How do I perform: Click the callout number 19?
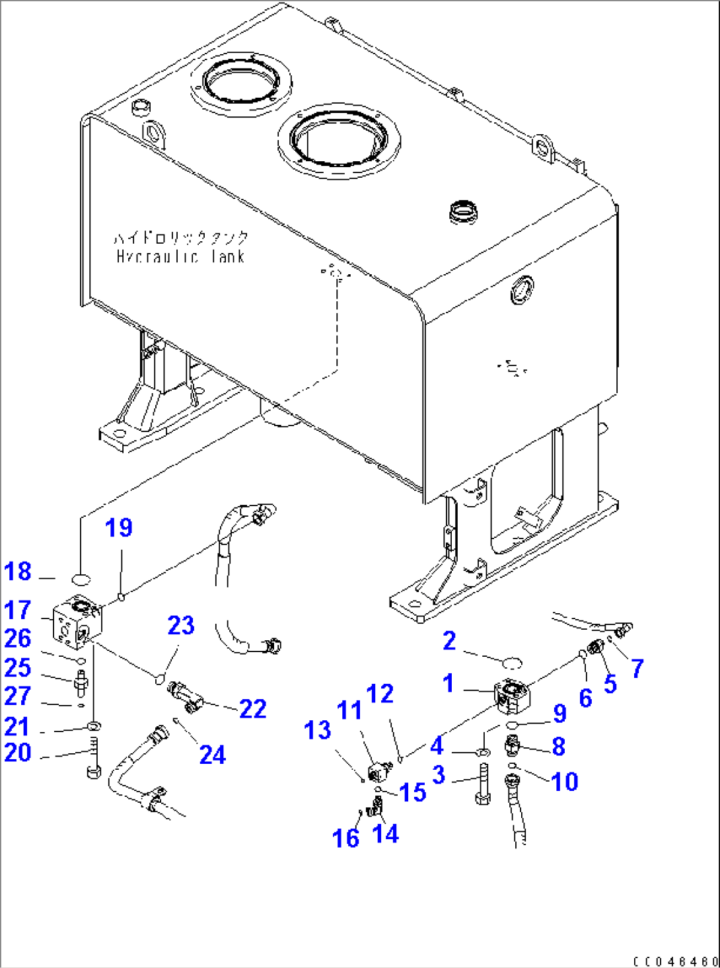pyautogui.click(x=119, y=528)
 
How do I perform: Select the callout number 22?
pyautogui.click(x=252, y=709)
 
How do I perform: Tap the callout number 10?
pyautogui.click(x=564, y=782)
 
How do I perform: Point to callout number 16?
pyautogui.click(x=345, y=838)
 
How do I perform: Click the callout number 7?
pyautogui.click(x=637, y=668)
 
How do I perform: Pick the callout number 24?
pyautogui.click(x=212, y=755)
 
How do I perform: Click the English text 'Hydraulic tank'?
pyautogui.click(x=181, y=256)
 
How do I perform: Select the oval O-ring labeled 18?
pyautogui.click(x=81, y=579)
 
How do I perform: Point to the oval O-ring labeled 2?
pyautogui.click(x=512, y=662)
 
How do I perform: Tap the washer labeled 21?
pyautogui.click(x=94, y=727)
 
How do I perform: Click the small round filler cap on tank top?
pyautogui.click(x=463, y=213)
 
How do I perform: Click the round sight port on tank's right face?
pyautogui.click(x=522, y=290)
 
